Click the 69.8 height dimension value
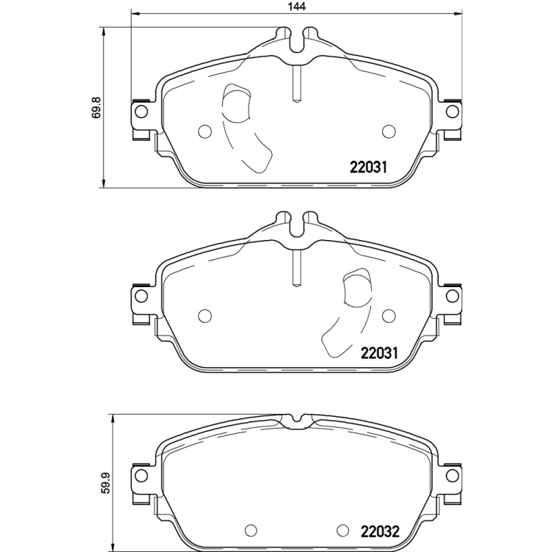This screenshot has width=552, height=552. click(x=97, y=108)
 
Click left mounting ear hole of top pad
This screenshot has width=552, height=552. click(x=141, y=111)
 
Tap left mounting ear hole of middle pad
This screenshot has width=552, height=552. click(x=141, y=296)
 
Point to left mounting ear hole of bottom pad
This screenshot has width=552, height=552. click(x=141, y=475)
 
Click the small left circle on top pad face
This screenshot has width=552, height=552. click(x=204, y=130)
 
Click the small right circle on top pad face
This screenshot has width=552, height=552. click(x=388, y=130)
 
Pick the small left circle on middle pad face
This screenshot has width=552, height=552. click(x=204, y=315)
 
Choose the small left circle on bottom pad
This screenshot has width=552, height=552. click(x=251, y=531)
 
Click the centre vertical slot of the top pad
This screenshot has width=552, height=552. click(x=295, y=82)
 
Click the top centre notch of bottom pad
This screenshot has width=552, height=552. click(x=297, y=419)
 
